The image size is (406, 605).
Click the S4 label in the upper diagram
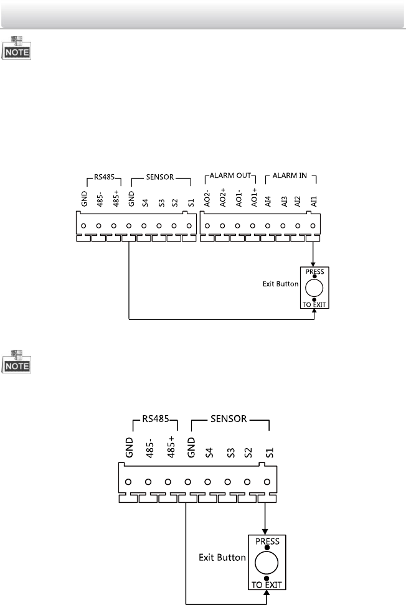point(144,201)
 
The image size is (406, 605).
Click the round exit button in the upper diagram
point(314,287)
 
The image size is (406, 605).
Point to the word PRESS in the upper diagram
point(314,271)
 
